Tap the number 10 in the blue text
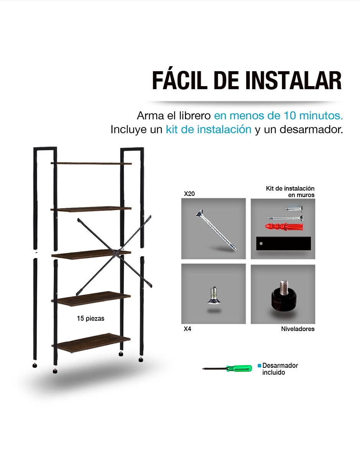tap(290, 116)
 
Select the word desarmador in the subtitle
tap(311, 129)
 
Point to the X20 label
tap(190, 194)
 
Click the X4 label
tap(188, 329)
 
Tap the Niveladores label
tap(298, 329)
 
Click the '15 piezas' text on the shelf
tap(91, 318)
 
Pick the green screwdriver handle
tap(239, 368)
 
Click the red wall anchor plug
tap(284, 227)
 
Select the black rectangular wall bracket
tap(283, 243)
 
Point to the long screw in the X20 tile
tap(216, 230)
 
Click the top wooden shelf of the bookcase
tap(91, 163)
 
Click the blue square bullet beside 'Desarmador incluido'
tap(259, 365)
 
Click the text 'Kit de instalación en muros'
tap(290, 192)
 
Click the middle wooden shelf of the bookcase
tap(92, 255)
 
